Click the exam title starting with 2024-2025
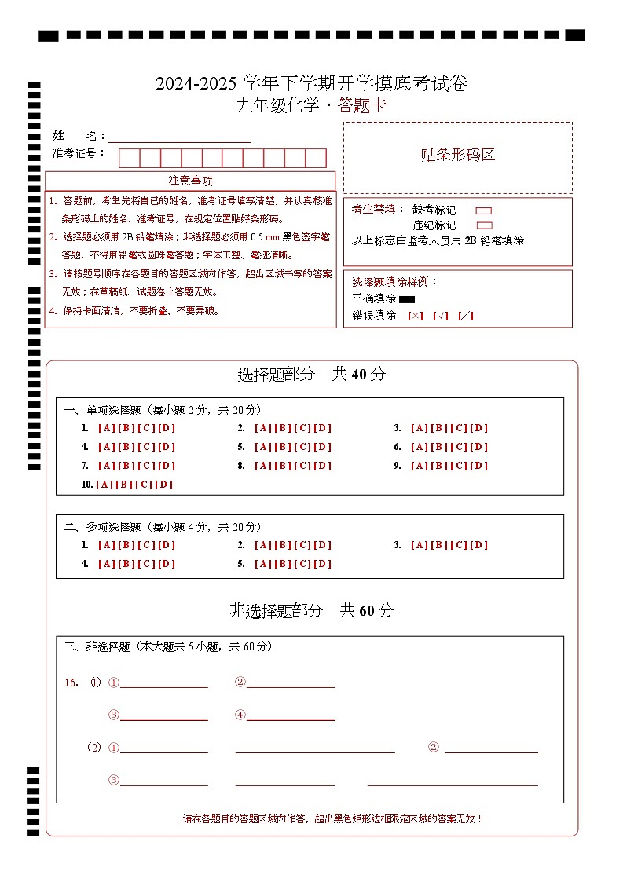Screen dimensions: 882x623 (311, 84)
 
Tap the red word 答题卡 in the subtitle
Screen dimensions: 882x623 (362, 106)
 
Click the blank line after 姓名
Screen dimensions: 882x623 (180, 136)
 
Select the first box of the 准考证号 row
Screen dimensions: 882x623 (129, 158)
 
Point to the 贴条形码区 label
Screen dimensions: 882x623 (458, 155)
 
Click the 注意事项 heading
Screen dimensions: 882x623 (190, 181)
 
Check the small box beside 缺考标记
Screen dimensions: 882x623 (484, 210)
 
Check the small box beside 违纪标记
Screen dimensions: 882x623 (484, 225)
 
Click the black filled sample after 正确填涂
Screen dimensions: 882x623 (407, 299)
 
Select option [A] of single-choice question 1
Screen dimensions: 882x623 (107, 428)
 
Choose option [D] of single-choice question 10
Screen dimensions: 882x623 (163, 485)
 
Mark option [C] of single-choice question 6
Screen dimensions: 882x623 (460, 447)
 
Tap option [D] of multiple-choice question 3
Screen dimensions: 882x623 (478, 545)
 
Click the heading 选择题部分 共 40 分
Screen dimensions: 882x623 (311, 375)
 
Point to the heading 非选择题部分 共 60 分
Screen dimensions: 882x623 (311, 610)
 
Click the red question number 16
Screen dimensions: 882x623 (71, 683)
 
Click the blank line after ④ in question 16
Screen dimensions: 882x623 (291, 715)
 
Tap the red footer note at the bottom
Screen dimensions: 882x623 (333, 818)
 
